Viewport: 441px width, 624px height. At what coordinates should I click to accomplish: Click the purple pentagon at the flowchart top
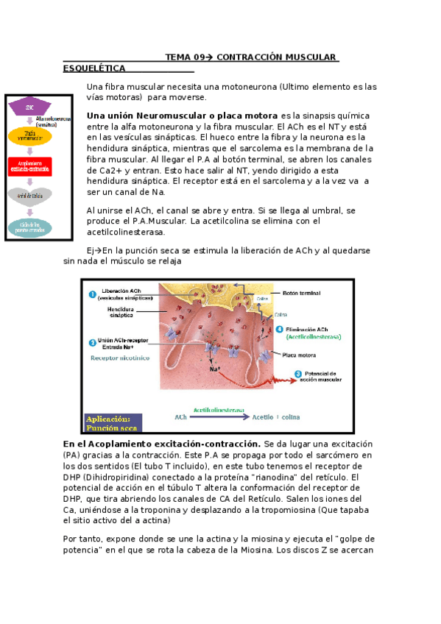30,107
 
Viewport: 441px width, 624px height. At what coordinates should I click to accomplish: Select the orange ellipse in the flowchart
30,136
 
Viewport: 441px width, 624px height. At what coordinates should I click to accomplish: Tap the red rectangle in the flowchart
30,166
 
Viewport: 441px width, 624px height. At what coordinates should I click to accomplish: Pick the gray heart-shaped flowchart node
30,196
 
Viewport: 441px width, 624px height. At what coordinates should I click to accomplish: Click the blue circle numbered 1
93,295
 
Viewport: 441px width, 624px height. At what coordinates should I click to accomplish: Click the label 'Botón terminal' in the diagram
301,293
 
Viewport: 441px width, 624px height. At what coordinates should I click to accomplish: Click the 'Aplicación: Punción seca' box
110,422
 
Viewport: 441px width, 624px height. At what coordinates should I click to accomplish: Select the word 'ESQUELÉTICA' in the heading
95,68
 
